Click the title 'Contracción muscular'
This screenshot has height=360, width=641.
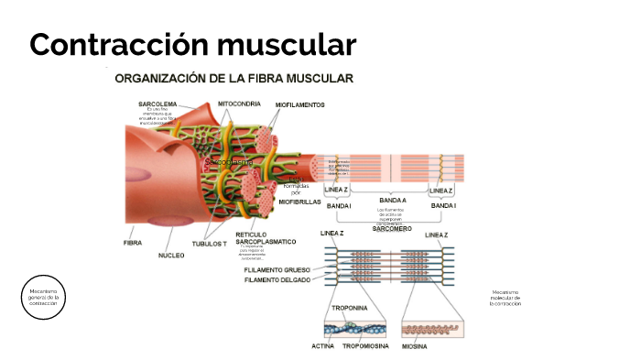[192, 44]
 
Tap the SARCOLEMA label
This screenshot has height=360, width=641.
[158, 104]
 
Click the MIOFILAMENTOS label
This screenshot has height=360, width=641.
[299, 105]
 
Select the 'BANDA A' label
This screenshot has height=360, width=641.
[393, 199]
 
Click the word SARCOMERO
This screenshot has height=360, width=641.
[392, 228]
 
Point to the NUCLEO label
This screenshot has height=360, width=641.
[171, 255]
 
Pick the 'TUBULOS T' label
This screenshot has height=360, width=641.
[210, 245]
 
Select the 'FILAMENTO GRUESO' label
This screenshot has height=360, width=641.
[277, 270]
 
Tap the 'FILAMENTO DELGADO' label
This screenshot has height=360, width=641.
[277, 280]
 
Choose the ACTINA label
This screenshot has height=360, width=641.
[322, 346]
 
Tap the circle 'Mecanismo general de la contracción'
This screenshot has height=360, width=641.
[43, 298]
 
